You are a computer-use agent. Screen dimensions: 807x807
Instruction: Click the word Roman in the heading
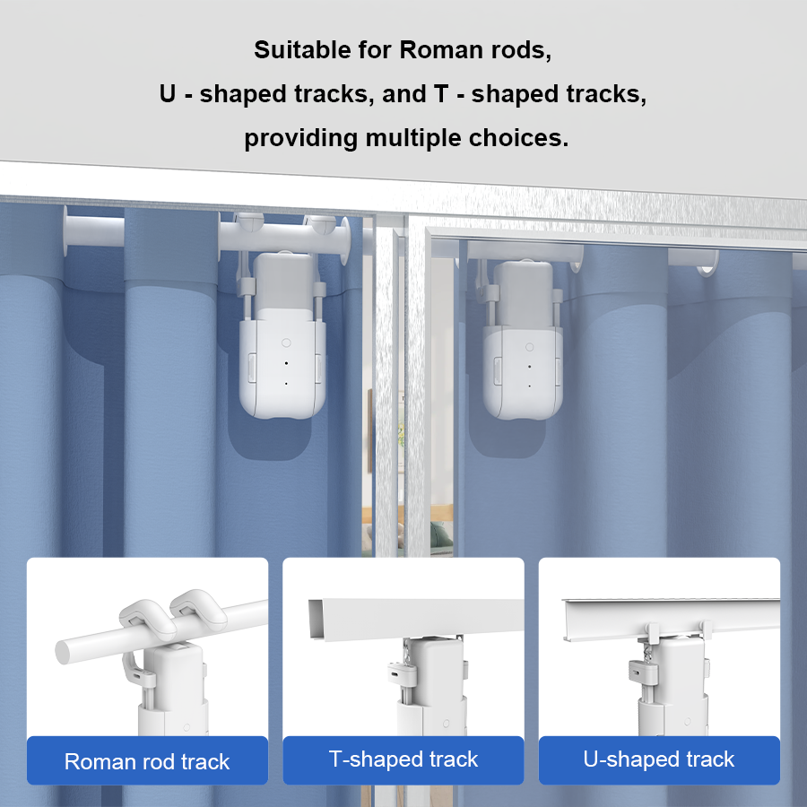pos(441,50)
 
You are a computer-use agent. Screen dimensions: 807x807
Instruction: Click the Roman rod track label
pos(147,761)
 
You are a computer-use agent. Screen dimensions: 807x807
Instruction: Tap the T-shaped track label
pos(403,759)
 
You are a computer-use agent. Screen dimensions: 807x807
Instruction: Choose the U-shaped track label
pos(659,759)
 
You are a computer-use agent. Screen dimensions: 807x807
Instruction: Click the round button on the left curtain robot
pos(286,343)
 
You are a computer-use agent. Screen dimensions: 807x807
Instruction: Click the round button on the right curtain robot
pos(529,347)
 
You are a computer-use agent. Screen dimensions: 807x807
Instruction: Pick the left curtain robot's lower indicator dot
pos(286,384)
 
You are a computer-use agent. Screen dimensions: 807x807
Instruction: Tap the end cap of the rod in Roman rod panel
pos(63,652)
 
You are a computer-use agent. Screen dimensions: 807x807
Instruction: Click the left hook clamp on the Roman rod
pos(148,619)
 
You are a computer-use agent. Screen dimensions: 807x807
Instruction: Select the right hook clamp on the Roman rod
pos(199,609)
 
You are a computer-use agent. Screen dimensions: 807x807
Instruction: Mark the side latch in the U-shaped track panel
pos(643,673)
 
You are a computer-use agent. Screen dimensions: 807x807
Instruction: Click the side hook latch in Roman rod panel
pos(138,671)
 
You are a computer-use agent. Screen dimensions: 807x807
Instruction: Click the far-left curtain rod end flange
pos(65,231)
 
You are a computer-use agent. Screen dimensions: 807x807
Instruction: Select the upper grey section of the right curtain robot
pos(523,293)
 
